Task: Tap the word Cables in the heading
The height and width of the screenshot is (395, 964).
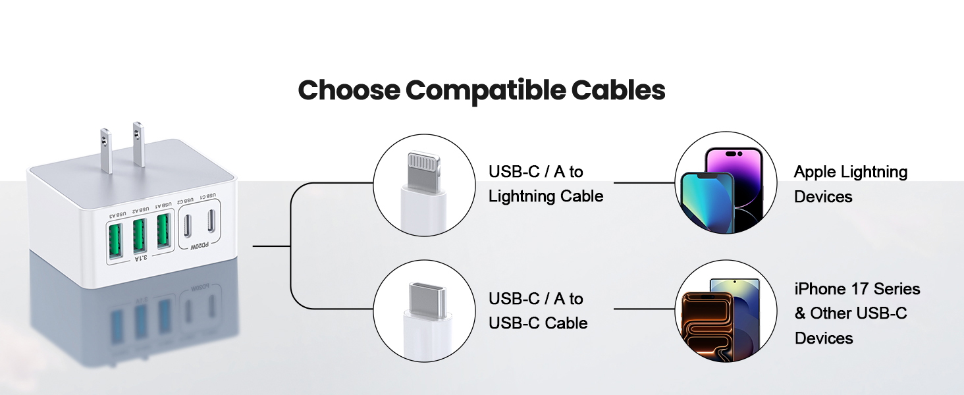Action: click(x=618, y=90)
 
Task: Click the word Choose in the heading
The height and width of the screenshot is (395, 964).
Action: click(x=348, y=90)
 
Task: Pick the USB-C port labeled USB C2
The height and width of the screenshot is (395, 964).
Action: click(x=188, y=224)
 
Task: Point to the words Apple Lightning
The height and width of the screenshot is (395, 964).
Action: click(x=850, y=172)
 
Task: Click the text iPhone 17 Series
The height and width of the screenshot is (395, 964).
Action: click(x=857, y=289)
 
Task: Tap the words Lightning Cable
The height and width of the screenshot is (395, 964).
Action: click(x=545, y=196)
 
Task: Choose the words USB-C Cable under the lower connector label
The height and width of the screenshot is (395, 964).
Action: click(x=538, y=323)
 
